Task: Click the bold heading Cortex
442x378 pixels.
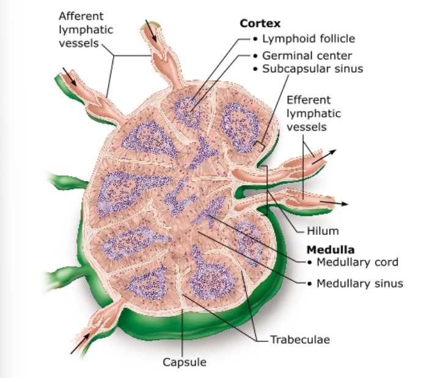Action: tap(260, 24)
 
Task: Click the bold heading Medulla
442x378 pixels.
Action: tap(331, 250)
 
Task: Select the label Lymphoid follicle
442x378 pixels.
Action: tap(308, 39)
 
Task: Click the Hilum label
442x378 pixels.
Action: tap(323, 231)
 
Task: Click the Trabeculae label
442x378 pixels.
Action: tap(300, 339)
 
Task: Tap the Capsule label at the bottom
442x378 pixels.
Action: tap(185, 362)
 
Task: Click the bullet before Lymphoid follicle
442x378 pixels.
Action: tap(256, 39)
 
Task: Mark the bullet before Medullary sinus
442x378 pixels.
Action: tap(311, 283)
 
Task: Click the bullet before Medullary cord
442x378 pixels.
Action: tap(311, 263)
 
